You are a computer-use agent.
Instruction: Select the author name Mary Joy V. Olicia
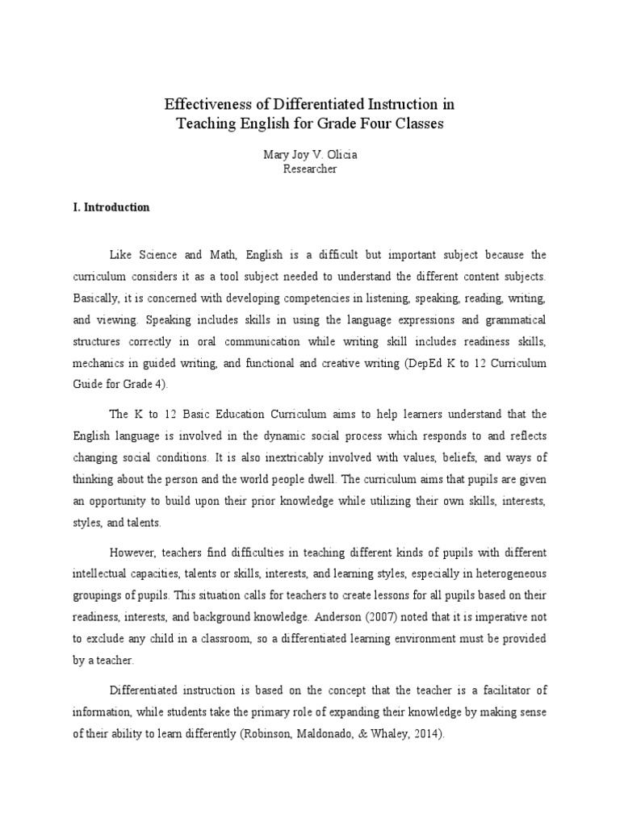[310, 156]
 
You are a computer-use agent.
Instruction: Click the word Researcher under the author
[310, 169]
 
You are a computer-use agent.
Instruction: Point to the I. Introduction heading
[111, 207]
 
